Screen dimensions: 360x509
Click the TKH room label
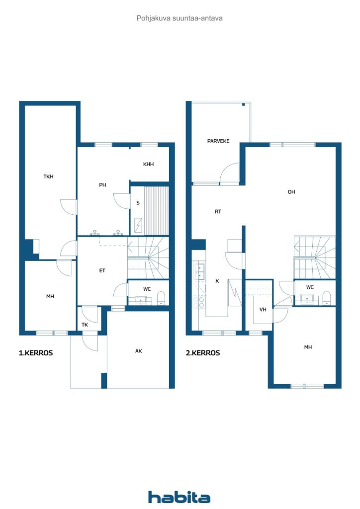pyautogui.click(x=48, y=176)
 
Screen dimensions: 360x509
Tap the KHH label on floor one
pyautogui.click(x=148, y=164)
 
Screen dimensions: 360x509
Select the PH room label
pyautogui.click(x=102, y=185)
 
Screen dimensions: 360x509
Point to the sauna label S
pyautogui.click(x=138, y=203)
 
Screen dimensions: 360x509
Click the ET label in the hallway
pyautogui.click(x=102, y=270)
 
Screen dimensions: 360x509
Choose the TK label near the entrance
pyautogui.click(x=85, y=325)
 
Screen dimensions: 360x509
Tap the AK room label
pyautogui.click(x=139, y=351)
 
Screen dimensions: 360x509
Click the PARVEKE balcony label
pyautogui.click(x=218, y=141)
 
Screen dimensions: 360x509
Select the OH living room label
pyautogui.click(x=291, y=192)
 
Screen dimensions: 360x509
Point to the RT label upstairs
pyautogui.click(x=218, y=212)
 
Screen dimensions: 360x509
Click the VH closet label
pyautogui.click(x=263, y=310)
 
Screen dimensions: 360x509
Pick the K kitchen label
pyautogui.click(x=217, y=281)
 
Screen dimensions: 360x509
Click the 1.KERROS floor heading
pyautogui.click(x=36, y=353)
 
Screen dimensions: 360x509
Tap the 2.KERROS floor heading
pyautogui.click(x=203, y=353)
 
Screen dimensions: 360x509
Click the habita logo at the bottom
pyautogui.click(x=179, y=497)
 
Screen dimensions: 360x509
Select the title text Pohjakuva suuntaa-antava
pyautogui.click(x=180, y=18)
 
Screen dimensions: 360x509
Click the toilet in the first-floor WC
pyautogui.click(x=161, y=298)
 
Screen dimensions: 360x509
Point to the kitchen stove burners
pyautogui.click(x=199, y=302)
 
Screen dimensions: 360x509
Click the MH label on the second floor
pyautogui.click(x=308, y=347)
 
